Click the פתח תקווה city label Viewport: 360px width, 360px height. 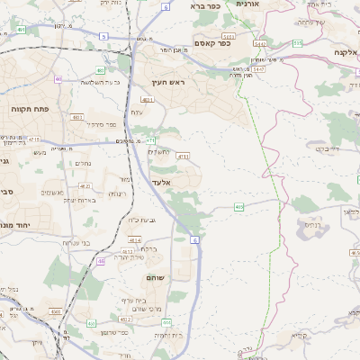30,108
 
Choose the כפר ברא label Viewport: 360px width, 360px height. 204,5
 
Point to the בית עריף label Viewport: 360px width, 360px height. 131,300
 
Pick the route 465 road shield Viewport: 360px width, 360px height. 239,207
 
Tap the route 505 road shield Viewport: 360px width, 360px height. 297,42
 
